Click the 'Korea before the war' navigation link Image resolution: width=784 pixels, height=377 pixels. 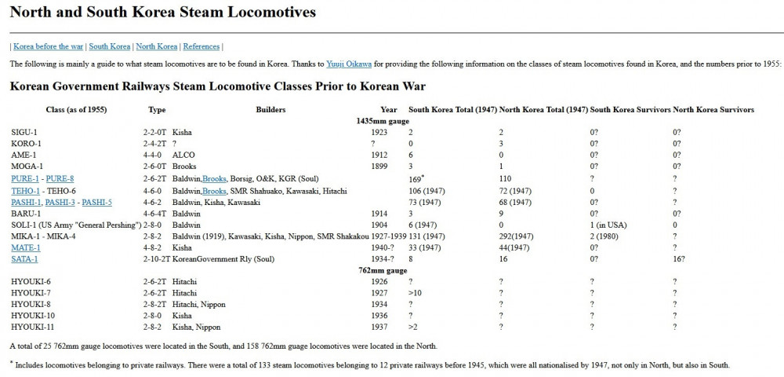click(48, 47)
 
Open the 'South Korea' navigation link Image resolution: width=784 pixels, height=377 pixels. click(109, 47)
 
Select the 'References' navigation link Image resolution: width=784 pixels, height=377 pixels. click(201, 47)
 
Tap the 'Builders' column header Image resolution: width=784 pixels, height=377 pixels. click(270, 110)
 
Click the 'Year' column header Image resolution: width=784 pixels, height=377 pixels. click(389, 110)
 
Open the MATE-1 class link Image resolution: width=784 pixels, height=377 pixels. click(25, 247)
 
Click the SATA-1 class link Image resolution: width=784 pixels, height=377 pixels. click(24, 259)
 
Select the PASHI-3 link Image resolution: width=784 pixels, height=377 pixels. click(60, 202)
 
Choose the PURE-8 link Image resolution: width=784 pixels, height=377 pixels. click(60, 179)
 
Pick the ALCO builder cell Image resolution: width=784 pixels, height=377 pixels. click(183, 156)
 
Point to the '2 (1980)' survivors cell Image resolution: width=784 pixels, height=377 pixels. click(607, 236)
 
